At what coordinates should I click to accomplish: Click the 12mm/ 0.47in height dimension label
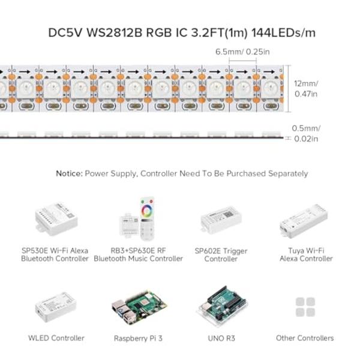[x=306, y=89]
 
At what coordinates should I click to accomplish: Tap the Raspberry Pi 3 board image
[x=139, y=307]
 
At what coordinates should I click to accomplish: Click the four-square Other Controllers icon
[x=305, y=307]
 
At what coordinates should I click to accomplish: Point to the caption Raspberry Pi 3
[x=139, y=338]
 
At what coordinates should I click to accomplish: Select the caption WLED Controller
[x=56, y=338]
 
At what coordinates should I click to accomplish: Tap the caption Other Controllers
[x=305, y=338]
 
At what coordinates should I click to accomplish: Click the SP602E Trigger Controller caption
[x=221, y=255]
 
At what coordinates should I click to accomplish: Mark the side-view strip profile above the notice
[x=144, y=134]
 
